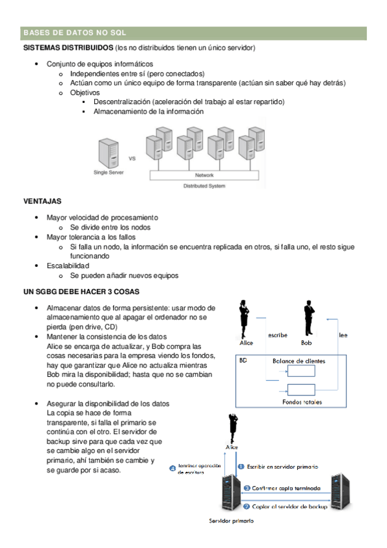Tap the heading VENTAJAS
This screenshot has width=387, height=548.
[42, 202]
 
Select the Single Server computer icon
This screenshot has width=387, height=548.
[109, 153]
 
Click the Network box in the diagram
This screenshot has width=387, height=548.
[204, 175]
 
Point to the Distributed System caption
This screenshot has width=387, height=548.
[204, 186]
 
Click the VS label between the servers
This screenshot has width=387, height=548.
[132, 158]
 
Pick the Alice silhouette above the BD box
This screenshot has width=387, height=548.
[244, 319]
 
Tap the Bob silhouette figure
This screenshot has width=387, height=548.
[309, 318]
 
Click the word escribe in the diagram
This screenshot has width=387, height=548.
[278, 335]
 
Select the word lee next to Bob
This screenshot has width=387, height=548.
[343, 335]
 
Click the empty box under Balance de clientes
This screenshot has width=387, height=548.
[301, 371]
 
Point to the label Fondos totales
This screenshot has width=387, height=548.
[302, 402]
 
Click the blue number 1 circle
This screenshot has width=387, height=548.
[241, 467]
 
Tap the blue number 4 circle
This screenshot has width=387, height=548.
[173, 469]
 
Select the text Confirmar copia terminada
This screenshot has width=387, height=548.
[286, 489]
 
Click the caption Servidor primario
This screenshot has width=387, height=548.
[231, 521]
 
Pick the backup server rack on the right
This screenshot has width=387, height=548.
[340, 491]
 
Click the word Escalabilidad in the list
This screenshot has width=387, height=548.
[68, 266]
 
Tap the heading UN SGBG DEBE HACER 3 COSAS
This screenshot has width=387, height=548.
[81, 292]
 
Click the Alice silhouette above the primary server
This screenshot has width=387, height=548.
[233, 428]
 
